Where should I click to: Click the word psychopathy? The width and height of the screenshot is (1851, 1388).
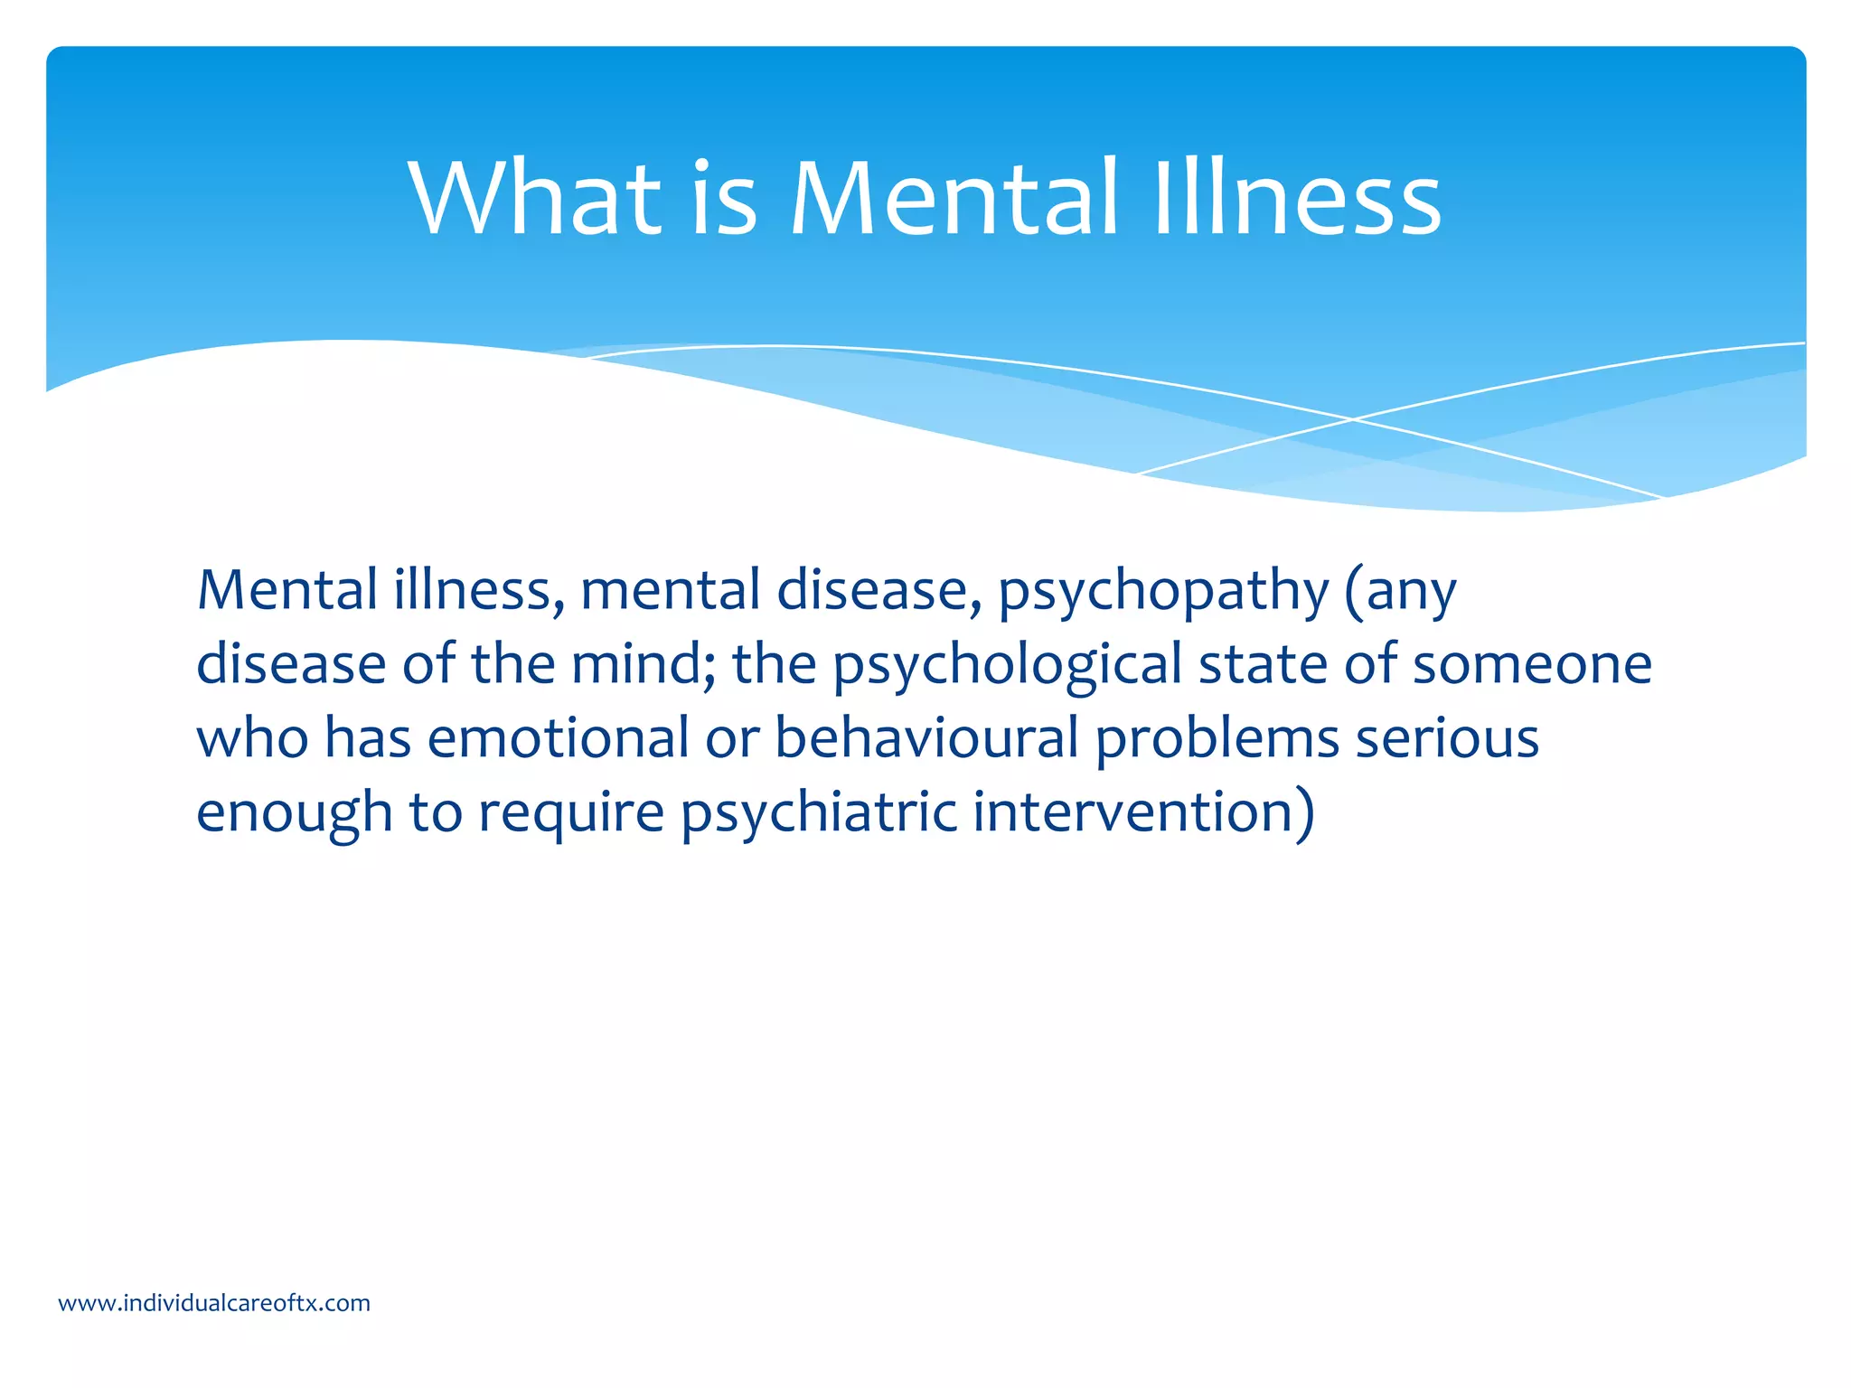[1163, 592]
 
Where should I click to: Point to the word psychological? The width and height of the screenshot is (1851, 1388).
[1007, 666]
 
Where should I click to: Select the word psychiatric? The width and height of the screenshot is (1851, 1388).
[818, 813]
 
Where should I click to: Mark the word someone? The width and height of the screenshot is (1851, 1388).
[1532, 664]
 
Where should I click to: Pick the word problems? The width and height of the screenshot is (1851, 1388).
[1217, 740]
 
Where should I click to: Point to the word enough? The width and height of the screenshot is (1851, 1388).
[295, 813]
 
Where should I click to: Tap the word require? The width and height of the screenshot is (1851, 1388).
[571, 813]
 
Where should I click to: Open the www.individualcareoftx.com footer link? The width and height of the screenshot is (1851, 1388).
[214, 1303]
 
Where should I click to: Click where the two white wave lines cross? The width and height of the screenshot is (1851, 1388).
[1353, 419]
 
